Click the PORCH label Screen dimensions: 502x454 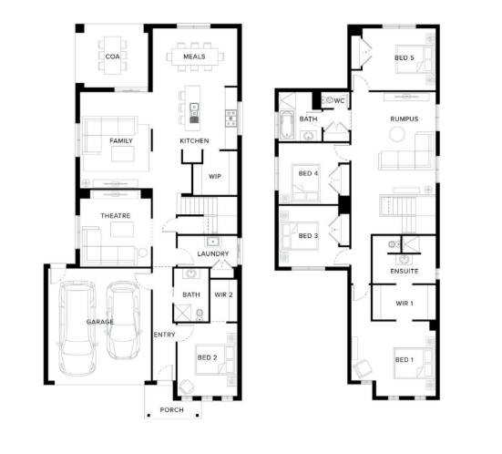click(x=171, y=410)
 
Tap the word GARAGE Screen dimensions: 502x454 click(x=100, y=322)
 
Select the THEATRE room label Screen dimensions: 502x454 click(x=116, y=216)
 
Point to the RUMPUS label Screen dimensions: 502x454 click(x=404, y=119)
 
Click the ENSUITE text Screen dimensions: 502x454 click(x=404, y=271)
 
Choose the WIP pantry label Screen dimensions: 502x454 click(x=215, y=176)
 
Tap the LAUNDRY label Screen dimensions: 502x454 click(x=213, y=253)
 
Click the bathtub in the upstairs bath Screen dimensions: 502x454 click(x=287, y=125)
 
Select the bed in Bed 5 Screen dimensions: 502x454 click(x=415, y=59)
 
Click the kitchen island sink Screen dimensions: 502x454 click(x=194, y=109)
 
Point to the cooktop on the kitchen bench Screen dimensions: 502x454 click(x=231, y=119)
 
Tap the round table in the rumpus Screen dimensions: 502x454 click(x=397, y=134)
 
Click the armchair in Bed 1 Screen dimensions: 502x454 click(x=363, y=367)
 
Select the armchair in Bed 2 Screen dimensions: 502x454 click(x=187, y=387)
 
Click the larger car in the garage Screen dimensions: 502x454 click(x=77, y=328)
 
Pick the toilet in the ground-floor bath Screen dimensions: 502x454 click(x=200, y=315)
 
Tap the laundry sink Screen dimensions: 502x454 click(x=212, y=242)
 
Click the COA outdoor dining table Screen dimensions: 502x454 click(x=113, y=56)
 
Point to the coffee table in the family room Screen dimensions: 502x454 click(x=123, y=154)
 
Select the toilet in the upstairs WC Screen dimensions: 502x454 click(x=327, y=100)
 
